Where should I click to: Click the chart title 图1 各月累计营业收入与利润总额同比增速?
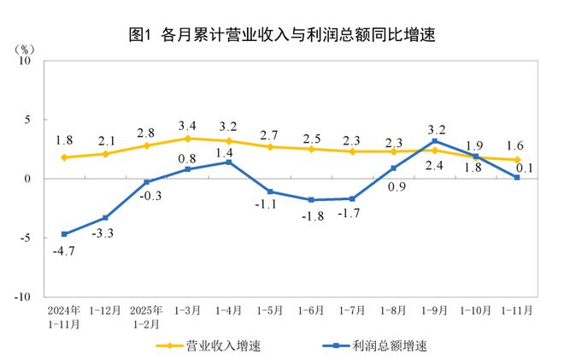coord(281,35)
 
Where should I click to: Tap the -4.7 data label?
coord(63,251)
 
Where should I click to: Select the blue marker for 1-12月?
coord(105,218)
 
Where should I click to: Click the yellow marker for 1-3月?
coord(188,139)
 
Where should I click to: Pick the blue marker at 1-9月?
coord(435,141)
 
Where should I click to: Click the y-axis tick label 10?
coord(25,62)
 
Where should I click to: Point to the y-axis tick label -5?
coord(26,238)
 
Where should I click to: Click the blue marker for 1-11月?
coord(517,178)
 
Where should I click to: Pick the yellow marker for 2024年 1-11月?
coord(64,157)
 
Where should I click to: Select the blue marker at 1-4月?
coord(229,162)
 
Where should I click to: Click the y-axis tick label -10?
coord(21,297)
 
